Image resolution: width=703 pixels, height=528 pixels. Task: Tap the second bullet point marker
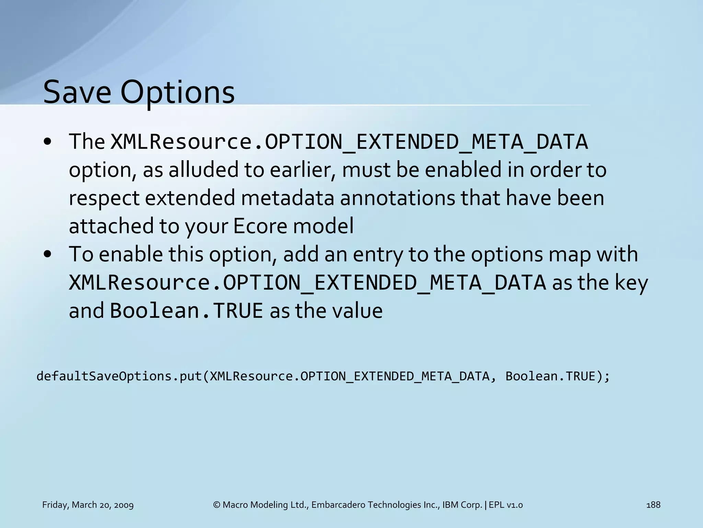pos(48,254)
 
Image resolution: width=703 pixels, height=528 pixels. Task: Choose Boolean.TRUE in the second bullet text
pos(186,311)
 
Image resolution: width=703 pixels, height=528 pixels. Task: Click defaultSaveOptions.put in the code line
pos(119,376)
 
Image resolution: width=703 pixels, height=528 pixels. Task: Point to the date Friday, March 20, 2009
pos(88,505)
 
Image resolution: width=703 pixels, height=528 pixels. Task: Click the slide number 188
pos(653,505)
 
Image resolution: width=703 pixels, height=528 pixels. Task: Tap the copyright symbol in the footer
pos(217,505)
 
